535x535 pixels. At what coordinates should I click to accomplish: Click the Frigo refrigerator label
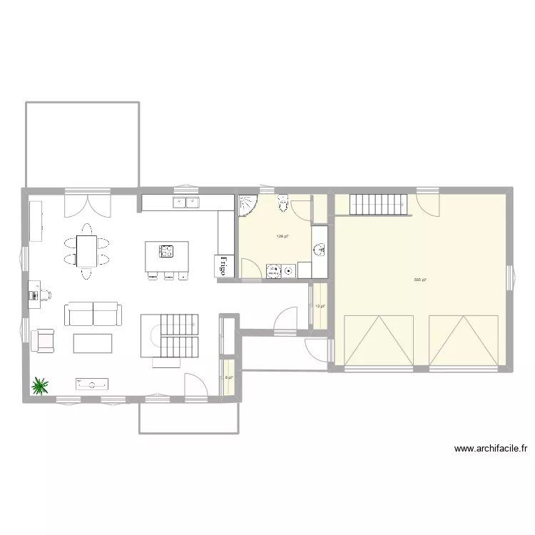(223, 265)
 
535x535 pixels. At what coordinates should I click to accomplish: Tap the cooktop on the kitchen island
(167, 250)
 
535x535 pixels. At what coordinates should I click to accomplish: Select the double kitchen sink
(185, 203)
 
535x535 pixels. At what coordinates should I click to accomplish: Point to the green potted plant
(40, 386)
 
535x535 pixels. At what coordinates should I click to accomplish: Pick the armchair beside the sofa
(44, 340)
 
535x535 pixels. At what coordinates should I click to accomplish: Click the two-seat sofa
(93, 314)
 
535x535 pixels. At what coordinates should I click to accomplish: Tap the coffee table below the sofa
(93, 344)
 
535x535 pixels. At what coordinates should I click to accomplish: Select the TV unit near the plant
(92, 384)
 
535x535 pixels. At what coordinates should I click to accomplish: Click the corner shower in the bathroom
(247, 205)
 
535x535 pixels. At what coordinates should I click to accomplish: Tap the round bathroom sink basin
(319, 249)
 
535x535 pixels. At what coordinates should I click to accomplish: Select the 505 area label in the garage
(419, 280)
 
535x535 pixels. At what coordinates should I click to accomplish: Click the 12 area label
(320, 307)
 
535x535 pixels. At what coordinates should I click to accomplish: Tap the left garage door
(379, 340)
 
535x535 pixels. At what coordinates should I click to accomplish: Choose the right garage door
(464, 340)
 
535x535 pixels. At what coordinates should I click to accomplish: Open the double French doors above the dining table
(87, 204)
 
